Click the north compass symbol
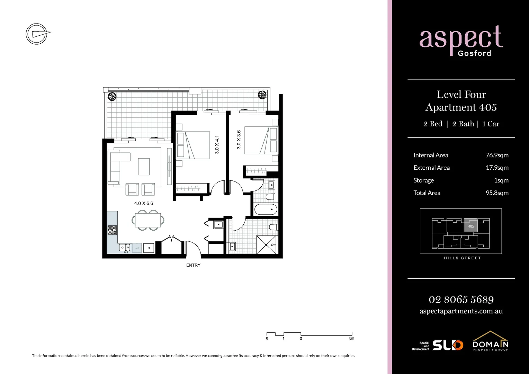37,34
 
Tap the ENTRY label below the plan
193,265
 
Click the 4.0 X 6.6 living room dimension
144,203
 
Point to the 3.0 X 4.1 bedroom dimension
217,144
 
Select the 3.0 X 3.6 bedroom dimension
239,140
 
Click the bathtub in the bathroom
266,210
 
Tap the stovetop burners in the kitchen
112,230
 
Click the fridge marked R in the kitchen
149,248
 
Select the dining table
148,220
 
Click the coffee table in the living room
144,167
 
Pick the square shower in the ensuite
266,244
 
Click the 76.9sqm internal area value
497,155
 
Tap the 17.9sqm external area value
497,168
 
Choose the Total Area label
427,193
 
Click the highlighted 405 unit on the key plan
471,226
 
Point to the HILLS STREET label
462,258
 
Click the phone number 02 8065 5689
461,299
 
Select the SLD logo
448,345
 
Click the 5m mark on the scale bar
352,338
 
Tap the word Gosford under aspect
474,53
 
